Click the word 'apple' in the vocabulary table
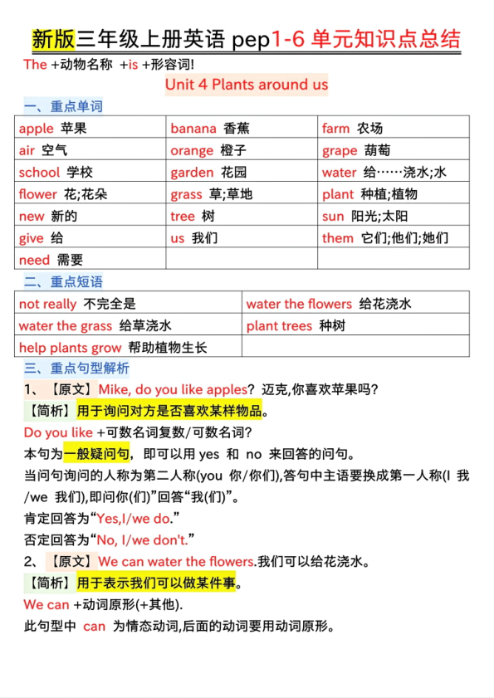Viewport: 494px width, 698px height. pos(36,129)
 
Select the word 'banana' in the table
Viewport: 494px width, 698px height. pos(193,129)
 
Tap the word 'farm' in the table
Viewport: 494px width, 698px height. pos(336,129)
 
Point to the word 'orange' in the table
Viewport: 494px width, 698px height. pos(192,150)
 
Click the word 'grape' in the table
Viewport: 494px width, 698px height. pos(340,150)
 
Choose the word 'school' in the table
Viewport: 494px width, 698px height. pos(39,173)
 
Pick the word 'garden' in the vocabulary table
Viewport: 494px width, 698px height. pos(192,173)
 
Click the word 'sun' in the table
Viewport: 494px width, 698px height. pos(333,217)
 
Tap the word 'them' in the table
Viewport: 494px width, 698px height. pos(338,238)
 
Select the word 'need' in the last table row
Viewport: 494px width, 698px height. pos(34,260)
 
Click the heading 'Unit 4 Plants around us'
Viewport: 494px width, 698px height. pos(247,85)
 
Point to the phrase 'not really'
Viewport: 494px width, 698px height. pos(47,304)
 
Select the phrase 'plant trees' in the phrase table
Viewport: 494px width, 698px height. pos(279,325)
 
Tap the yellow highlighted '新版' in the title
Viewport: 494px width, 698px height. pos(53,39)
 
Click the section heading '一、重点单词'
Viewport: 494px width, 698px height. pos(64,107)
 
